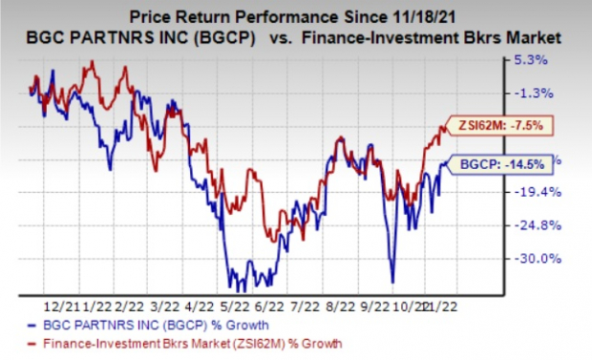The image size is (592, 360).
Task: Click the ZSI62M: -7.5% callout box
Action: pos(502,125)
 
